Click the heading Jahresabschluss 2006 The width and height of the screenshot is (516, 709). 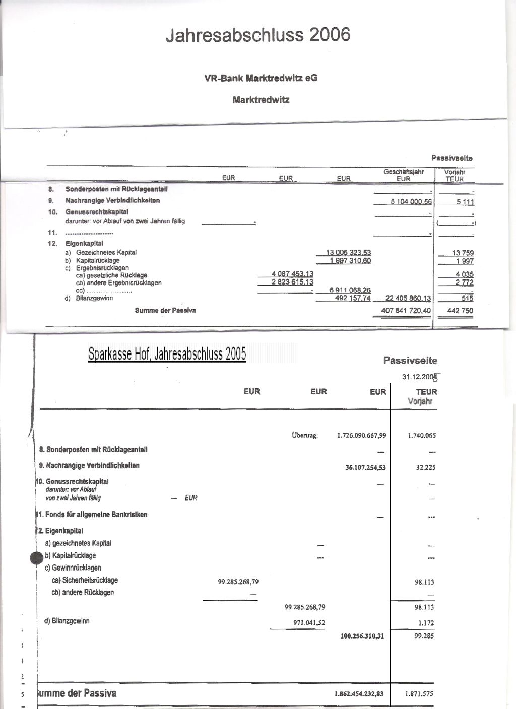[258, 35]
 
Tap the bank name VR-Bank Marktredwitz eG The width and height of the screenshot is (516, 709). [261, 78]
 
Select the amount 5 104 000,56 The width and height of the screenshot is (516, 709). [411, 201]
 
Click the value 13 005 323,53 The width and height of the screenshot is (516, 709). [349, 253]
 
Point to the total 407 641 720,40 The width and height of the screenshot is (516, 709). [406, 311]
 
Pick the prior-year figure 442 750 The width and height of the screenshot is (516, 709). [460, 311]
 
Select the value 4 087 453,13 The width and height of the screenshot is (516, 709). [292, 274]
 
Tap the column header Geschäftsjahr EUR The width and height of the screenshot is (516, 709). [404, 175]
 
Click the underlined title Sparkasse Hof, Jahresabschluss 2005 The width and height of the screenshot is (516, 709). [167, 354]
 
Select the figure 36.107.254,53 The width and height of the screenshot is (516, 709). [365, 467]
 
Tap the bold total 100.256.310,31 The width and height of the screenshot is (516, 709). [362, 636]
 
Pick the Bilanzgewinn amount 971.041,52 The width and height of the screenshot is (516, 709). [309, 622]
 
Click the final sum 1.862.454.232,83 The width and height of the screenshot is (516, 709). [359, 694]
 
